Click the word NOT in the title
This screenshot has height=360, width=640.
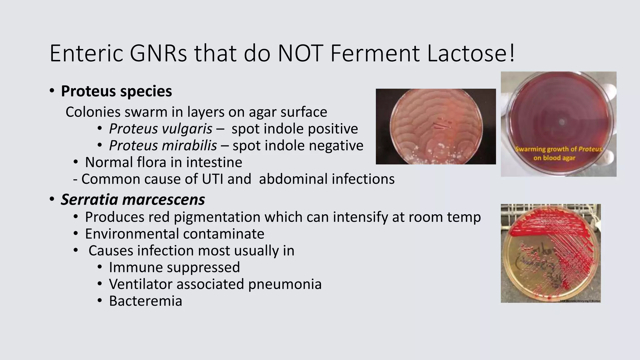click(300, 53)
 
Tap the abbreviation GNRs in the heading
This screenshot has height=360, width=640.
click(158, 53)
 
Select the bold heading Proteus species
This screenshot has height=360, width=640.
click(116, 91)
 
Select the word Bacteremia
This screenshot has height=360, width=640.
click(145, 301)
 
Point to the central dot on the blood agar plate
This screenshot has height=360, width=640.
click(562, 122)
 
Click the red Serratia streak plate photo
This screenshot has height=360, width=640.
click(551, 253)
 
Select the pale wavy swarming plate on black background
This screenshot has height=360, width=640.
click(436, 127)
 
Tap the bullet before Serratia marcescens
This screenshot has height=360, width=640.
click(52, 199)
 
